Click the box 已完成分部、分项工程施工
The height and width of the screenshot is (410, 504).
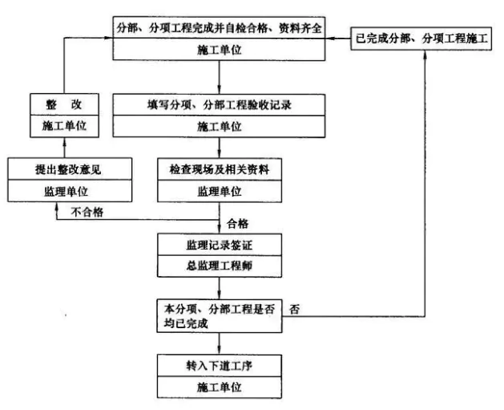(x=421, y=39)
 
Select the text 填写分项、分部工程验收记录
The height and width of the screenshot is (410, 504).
(x=220, y=105)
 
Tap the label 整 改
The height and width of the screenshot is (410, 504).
(x=64, y=104)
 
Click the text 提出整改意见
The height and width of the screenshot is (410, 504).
(x=68, y=169)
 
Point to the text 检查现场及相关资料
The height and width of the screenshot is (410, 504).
(x=220, y=169)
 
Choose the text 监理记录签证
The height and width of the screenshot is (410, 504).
(x=220, y=246)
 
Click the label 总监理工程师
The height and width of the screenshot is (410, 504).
(x=220, y=266)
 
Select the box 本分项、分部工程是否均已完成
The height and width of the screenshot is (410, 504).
(x=220, y=316)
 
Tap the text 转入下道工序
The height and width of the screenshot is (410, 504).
(x=220, y=366)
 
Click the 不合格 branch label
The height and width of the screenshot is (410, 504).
(x=87, y=212)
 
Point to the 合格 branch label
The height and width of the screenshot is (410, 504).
(x=237, y=224)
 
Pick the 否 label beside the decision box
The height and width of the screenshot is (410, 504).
(x=294, y=310)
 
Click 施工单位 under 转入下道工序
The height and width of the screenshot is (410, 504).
(x=220, y=387)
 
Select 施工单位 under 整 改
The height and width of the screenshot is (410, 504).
(x=64, y=126)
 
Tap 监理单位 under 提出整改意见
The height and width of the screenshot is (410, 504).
(x=67, y=192)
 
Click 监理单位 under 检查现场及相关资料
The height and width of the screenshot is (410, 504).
(x=220, y=192)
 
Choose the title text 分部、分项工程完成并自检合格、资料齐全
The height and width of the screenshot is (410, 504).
(x=220, y=28)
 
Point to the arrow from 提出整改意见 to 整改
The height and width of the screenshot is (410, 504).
(x=64, y=148)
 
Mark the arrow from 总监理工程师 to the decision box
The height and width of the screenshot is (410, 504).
(x=220, y=288)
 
